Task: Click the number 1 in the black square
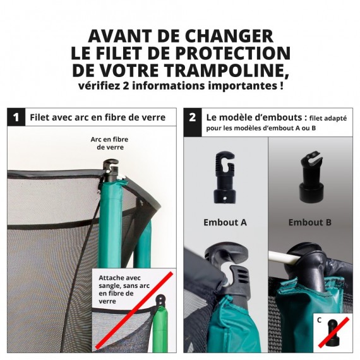pyautogui.click(x=16, y=117)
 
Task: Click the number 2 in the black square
pyautogui.click(x=192, y=117)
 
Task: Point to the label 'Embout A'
pyautogui.click(x=225, y=222)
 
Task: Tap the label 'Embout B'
pyautogui.click(x=310, y=222)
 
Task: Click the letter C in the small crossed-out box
pyautogui.click(x=320, y=320)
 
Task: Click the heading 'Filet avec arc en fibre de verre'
pyautogui.click(x=97, y=117)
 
